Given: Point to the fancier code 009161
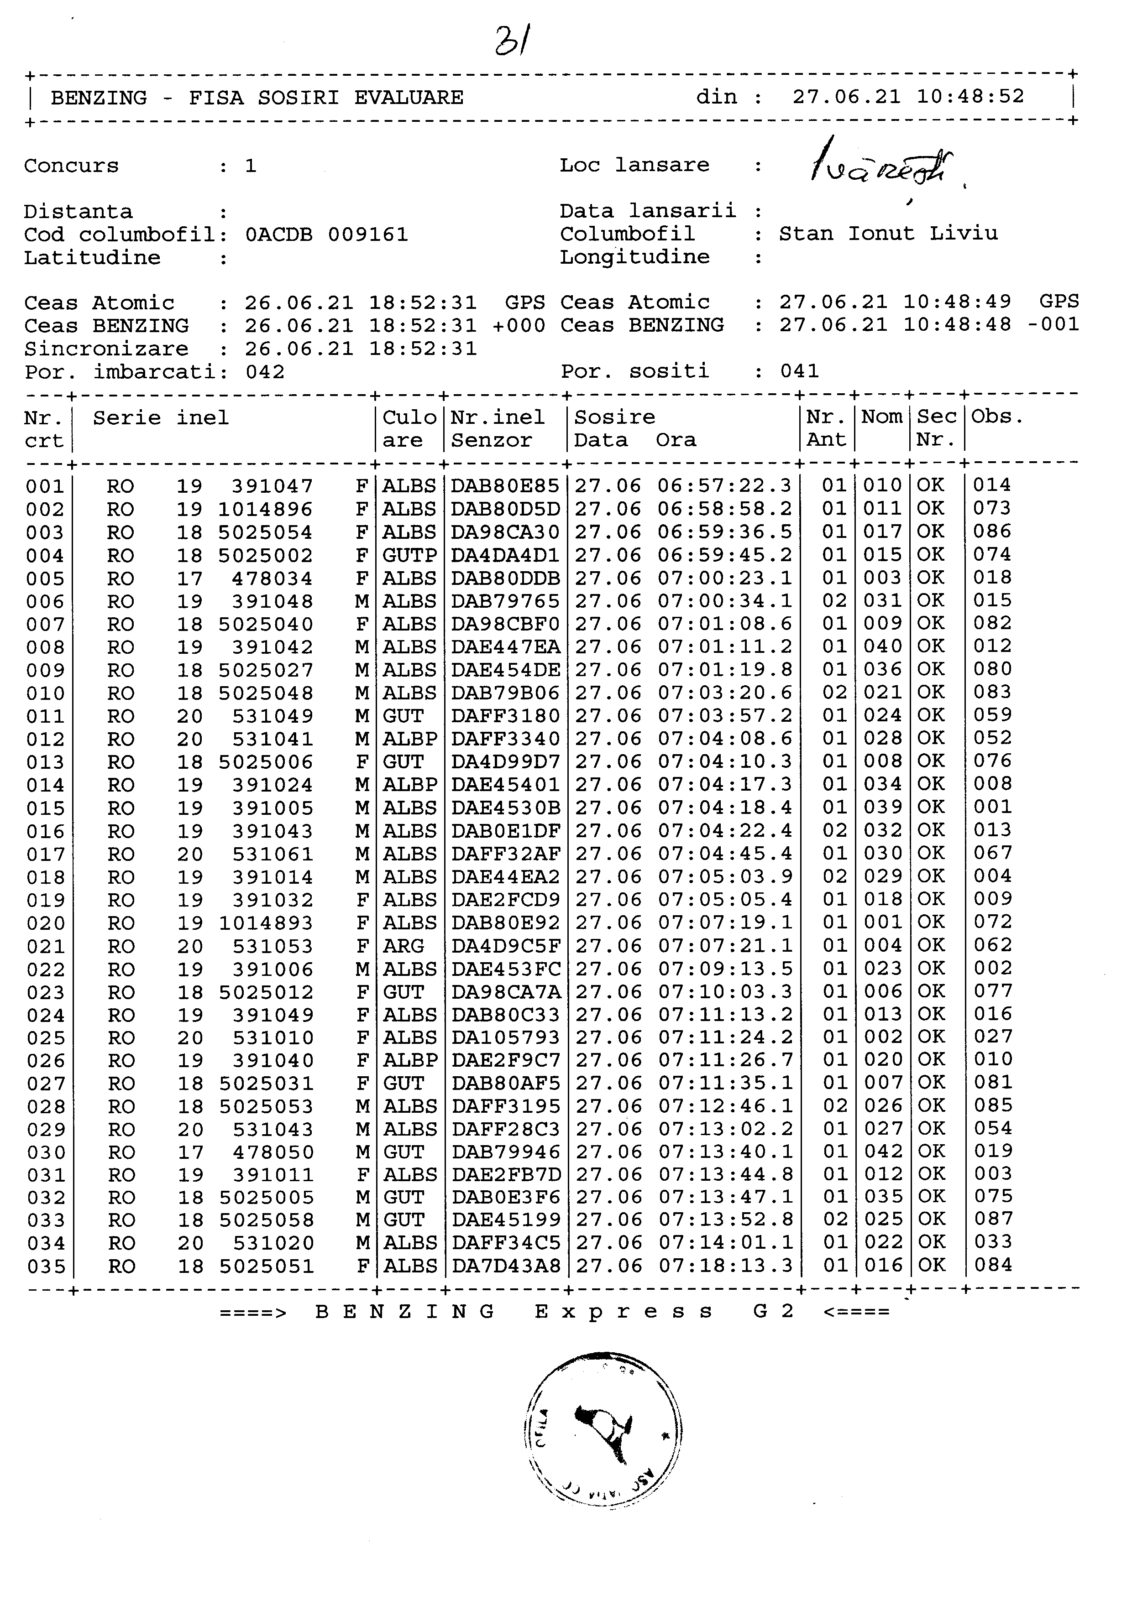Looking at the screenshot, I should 367,234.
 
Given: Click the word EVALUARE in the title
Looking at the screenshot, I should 409,98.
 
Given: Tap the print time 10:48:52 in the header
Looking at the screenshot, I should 970,96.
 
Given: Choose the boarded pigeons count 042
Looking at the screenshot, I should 265,371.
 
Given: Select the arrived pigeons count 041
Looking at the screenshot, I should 800,371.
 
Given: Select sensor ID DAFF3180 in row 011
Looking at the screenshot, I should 505,716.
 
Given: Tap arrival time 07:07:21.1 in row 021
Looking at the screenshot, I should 725,946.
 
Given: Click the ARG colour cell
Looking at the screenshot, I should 403,946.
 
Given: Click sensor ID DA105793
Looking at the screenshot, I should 505,1037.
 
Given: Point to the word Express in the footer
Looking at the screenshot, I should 624,1312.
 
